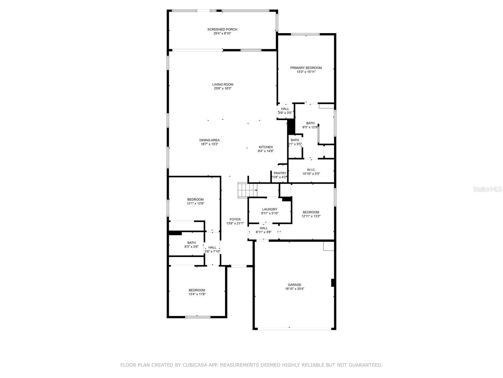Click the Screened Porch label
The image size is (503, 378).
click(x=222, y=29)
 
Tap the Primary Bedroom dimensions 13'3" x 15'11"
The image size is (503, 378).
click(x=306, y=72)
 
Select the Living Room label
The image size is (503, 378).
click(x=223, y=84)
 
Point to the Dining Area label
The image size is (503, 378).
click(x=209, y=140)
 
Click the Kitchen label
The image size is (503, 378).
click(x=266, y=147)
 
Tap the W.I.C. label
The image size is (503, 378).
click(x=311, y=170)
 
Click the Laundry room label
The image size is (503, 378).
click(x=270, y=209)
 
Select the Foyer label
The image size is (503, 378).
click(x=235, y=220)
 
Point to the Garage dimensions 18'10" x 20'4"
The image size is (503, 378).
click(x=295, y=289)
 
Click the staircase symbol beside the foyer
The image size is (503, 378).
click(x=247, y=190)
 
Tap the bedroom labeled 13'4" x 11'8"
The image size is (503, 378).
click(x=197, y=292)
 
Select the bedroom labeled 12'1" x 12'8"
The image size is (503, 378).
click(x=195, y=201)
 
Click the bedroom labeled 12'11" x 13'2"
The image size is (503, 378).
click(x=311, y=214)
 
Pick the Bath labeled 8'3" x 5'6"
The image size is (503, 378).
click(x=191, y=244)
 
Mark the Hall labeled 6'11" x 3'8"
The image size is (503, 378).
click(x=263, y=230)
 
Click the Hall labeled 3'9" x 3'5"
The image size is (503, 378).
click(x=285, y=111)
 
